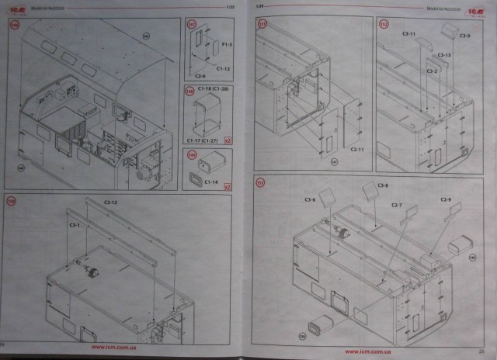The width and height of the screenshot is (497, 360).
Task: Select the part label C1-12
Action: [x=222, y=68]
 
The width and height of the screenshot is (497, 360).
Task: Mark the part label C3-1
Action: [x=75, y=224]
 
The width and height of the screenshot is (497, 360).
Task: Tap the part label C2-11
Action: [x=357, y=148]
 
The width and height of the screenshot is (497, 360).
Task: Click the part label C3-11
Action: [x=408, y=35]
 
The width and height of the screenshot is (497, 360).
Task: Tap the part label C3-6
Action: [x=310, y=200]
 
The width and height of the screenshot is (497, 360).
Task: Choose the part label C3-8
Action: [x=383, y=185]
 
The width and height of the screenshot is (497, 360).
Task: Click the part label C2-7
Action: [x=396, y=205]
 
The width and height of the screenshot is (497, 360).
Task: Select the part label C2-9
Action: [x=445, y=200]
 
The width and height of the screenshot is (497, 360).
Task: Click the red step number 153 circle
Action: [x=261, y=182]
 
